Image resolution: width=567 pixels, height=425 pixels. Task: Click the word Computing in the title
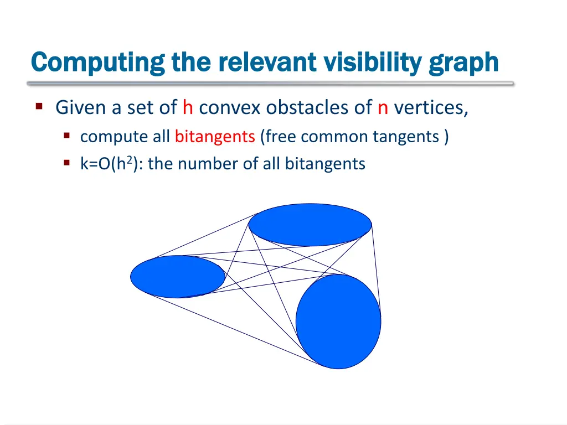(x=97, y=63)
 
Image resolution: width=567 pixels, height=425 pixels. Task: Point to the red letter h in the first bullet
(x=187, y=107)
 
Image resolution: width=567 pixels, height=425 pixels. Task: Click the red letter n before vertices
(x=383, y=107)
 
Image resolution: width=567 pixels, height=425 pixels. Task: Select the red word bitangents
(x=214, y=137)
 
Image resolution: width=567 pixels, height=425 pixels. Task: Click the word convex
(x=229, y=107)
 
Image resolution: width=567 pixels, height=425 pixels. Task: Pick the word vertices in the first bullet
(x=431, y=107)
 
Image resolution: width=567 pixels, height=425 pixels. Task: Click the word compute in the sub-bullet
(x=107, y=137)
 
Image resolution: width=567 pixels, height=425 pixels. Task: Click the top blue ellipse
(x=310, y=225)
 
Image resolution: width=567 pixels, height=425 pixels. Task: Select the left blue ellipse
(x=178, y=277)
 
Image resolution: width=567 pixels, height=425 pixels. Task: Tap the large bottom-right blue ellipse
(x=338, y=322)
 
